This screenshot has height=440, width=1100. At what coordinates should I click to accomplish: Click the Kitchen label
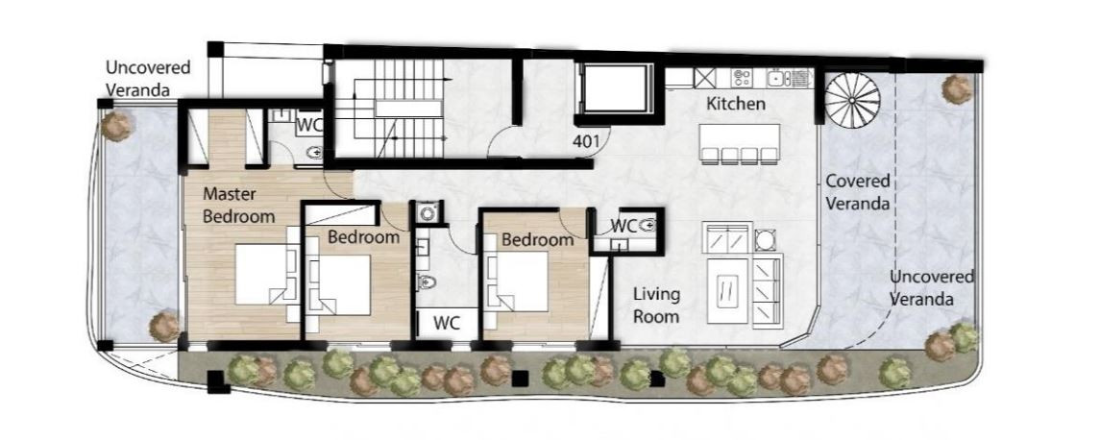735,105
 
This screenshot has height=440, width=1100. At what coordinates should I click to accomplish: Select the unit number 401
586,141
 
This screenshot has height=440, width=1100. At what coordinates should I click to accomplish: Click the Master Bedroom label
238,205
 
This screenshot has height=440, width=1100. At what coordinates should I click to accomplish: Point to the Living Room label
656,306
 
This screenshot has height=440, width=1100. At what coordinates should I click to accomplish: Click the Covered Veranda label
857,192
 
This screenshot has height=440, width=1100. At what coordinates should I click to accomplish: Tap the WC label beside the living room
623,226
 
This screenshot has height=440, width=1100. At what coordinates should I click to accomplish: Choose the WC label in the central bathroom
446,323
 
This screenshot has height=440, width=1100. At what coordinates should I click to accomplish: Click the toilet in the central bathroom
426,282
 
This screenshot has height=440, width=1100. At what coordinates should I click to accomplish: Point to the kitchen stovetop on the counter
742,77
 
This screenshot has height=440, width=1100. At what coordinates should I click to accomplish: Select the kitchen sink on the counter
781,77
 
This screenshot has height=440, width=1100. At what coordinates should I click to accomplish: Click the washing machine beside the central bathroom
427,212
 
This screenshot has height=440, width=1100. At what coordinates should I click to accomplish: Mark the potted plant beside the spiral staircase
957,89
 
